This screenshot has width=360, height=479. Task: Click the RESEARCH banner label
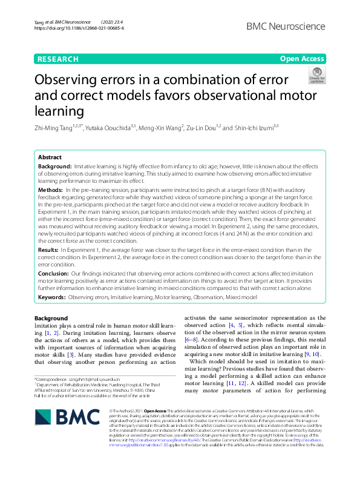click(x=58, y=59)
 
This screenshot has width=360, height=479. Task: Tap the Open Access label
click(x=303, y=59)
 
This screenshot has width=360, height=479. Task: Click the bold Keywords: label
click(x=52, y=298)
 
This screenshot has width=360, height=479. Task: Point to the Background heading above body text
click(x=51, y=318)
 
